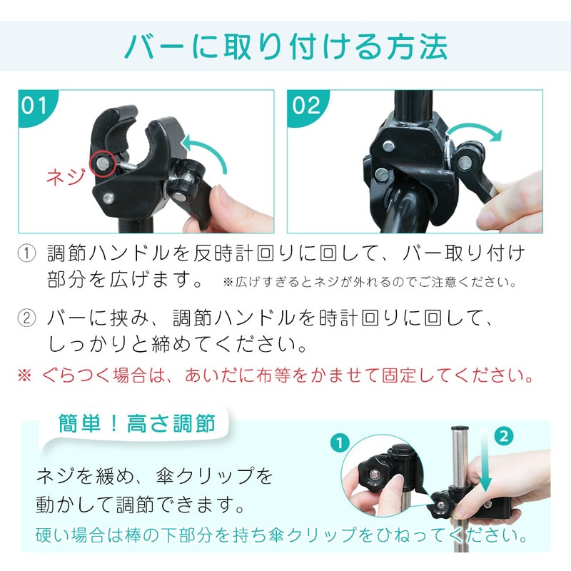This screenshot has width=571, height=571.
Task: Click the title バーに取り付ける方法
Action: coord(286,46)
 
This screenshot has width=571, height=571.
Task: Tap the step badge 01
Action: coord(34,106)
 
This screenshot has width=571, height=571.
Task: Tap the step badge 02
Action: coord(306,106)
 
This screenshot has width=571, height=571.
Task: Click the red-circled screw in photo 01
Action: coord(103,163)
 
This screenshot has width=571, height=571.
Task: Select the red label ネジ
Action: coord(66,177)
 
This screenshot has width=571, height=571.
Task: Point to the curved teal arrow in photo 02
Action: coord(474,129)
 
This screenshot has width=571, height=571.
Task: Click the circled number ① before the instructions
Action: coord(27,253)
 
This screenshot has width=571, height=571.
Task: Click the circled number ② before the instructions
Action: coord(27,318)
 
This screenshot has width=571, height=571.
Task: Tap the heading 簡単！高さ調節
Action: coord(137,423)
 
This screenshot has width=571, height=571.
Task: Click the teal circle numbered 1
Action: coord(340,443)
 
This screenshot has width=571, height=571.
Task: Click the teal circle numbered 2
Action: coord(504,436)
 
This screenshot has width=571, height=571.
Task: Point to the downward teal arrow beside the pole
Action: coord(485,460)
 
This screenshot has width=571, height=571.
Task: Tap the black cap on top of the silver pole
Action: coord(460,429)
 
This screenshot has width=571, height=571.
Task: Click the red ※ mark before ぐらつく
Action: coord(25,375)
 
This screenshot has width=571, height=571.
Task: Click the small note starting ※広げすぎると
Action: coord(370,282)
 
